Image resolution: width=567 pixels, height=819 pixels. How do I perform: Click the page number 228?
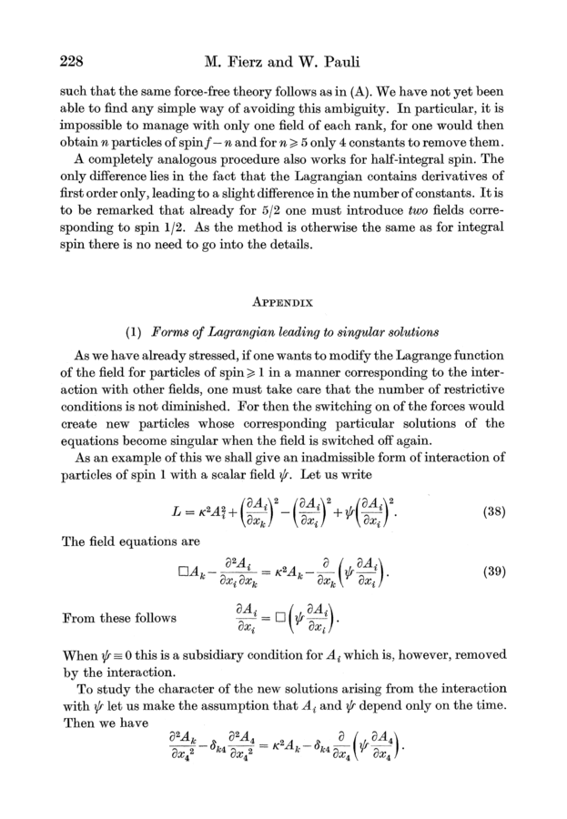click(x=73, y=63)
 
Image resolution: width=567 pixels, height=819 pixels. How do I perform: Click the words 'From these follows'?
click(x=119, y=619)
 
